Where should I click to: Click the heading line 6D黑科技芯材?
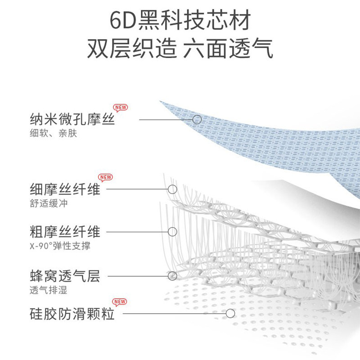180,21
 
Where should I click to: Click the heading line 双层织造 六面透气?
180,49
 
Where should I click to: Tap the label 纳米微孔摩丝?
72,120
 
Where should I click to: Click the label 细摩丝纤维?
64,189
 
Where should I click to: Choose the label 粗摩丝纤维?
64,232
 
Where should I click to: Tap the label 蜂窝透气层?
64,275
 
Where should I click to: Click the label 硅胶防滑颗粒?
72,313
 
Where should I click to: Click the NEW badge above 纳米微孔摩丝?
121,108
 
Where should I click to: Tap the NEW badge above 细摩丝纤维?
105,177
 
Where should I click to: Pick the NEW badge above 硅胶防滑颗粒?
119,301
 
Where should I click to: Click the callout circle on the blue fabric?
197,120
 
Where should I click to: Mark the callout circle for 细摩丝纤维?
172,189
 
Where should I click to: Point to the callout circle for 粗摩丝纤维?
172,232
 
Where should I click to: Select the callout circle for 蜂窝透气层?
172,275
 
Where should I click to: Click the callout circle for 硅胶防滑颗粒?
230,313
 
